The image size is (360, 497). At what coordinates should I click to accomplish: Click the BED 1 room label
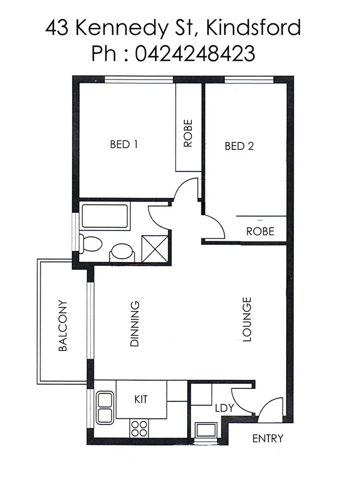tap(124, 145)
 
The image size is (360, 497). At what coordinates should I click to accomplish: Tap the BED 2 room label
tap(239, 146)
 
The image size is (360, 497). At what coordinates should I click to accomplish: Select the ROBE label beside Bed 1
tap(188, 133)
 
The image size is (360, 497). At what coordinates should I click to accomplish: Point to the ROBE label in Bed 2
tap(260, 232)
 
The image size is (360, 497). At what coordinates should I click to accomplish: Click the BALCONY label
tap(64, 325)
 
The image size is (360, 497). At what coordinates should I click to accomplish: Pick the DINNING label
tap(135, 324)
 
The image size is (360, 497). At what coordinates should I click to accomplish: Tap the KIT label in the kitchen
tap(141, 399)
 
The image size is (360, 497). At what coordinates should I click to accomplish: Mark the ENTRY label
tap(268, 439)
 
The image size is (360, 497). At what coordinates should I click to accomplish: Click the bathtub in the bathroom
tap(105, 216)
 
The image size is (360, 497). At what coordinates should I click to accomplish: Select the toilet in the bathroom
tap(90, 244)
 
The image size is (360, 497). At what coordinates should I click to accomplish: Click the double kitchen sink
tap(105, 405)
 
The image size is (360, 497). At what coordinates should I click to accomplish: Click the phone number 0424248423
tap(195, 54)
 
